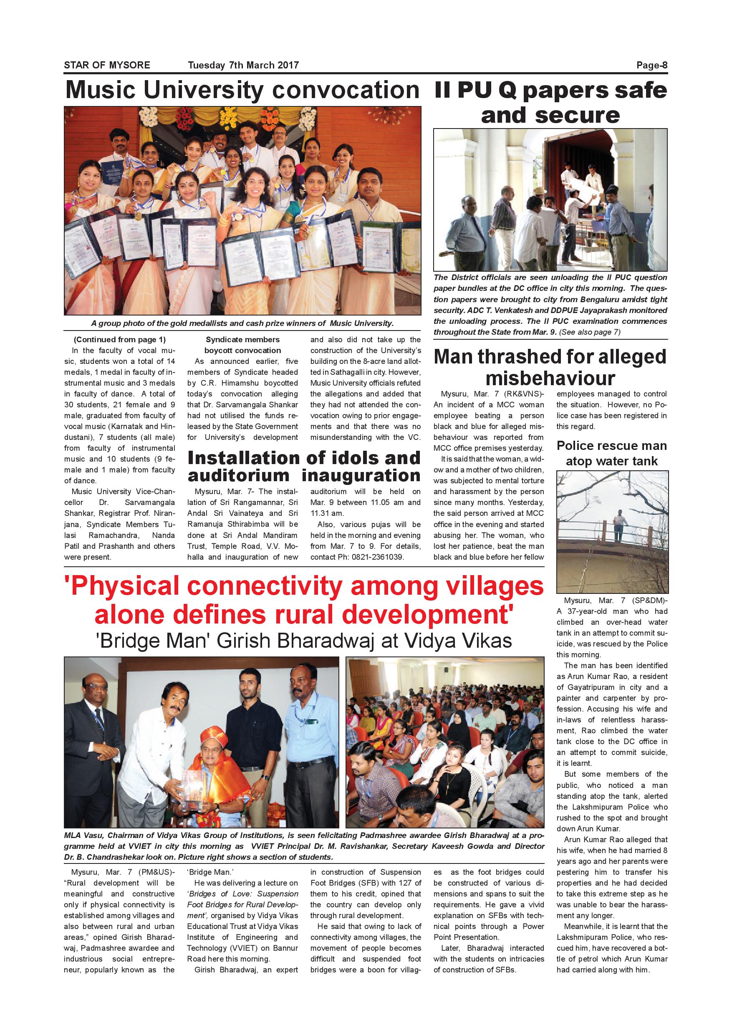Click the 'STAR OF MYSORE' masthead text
pos(107,66)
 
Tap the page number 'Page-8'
pos(651,66)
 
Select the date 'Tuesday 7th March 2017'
pos(243,66)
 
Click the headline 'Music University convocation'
pos(242,90)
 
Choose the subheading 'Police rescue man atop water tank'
pos(612,453)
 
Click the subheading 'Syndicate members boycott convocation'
pos(242,345)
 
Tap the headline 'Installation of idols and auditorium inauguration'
pos(304,467)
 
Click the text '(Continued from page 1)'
pos(119,339)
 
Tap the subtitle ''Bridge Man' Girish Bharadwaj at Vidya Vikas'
pos(304,641)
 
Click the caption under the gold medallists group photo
pos(242,323)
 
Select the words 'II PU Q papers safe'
pos(550,91)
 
